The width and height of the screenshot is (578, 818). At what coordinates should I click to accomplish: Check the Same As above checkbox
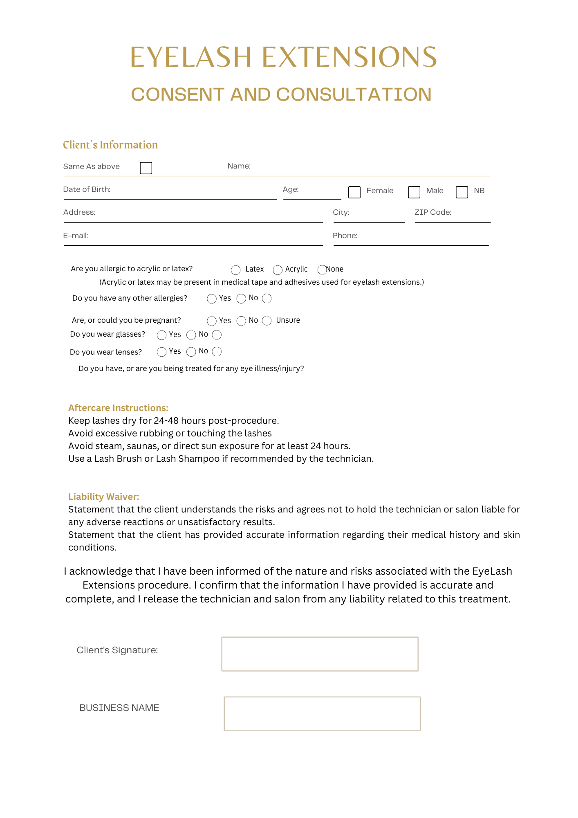(x=146, y=168)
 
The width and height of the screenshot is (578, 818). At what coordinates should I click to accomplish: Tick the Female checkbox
(x=354, y=192)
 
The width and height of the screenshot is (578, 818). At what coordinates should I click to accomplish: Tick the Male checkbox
(x=414, y=192)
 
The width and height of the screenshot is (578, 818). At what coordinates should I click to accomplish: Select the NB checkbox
(x=462, y=192)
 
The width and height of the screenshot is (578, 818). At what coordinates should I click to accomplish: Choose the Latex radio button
(x=236, y=270)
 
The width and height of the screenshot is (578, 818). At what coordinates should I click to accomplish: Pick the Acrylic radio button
(x=278, y=270)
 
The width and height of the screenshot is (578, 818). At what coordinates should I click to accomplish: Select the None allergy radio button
(x=322, y=270)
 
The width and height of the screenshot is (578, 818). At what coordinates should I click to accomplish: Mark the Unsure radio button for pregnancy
(x=267, y=321)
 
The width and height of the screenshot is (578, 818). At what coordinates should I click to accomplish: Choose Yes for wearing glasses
(x=162, y=335)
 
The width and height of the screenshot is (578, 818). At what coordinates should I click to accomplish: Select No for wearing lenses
(x=191, y=352)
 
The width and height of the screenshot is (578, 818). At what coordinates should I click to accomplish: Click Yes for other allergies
(x=212, y=299)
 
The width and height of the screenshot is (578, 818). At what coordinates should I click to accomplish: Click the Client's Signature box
(x=320, y=654)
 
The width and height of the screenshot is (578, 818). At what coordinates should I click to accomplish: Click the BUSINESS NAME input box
(x=322, y=714)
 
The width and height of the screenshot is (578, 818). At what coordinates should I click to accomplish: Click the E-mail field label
(x=76, y=236)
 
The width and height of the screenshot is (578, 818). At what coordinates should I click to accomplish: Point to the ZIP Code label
(x=432, y=212)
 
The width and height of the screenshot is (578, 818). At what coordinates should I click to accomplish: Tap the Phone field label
(x=345, y=236)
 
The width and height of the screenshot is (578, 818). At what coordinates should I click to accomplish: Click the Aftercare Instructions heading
(x=118, y=408)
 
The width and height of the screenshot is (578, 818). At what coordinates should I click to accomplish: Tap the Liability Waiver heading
(x=103, y=497)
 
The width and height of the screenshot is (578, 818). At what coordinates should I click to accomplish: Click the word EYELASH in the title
(x=190, y=57)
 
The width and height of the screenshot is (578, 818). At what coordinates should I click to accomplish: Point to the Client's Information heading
(x=110, y=145)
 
